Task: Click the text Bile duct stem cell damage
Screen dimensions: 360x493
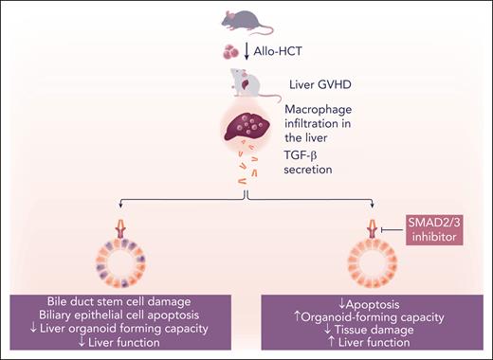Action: coord(136,301)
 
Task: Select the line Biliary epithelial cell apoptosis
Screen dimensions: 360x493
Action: coord(136,315)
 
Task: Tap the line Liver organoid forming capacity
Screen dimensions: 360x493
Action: coord(136,329)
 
